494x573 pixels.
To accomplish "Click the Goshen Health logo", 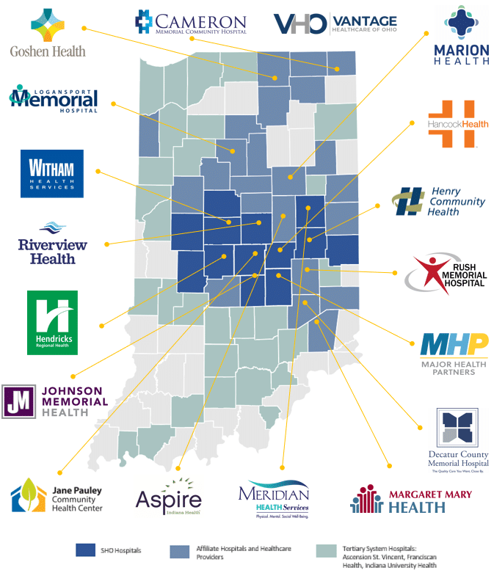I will pyautogui.click(x=48, y=33).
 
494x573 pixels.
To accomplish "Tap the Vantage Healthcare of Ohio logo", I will pyautogui.click(x=335, y=23).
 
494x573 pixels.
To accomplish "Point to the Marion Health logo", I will pyautogui.click(x=461, y=37).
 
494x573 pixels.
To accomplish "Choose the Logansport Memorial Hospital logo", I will pyautogui.click(x=54, y=99).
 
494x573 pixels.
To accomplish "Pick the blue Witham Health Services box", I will pyautogui.click(x=51, y=174).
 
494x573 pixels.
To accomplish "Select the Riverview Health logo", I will pyautogui.click(x=52, y=243).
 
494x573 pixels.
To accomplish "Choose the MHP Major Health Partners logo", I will pyautogui.click(x=454, y=353).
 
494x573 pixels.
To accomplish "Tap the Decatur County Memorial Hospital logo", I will pyautogui.click(x=457, y=439).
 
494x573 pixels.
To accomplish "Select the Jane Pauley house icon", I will pyautogui.click(x=29, y=495).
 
